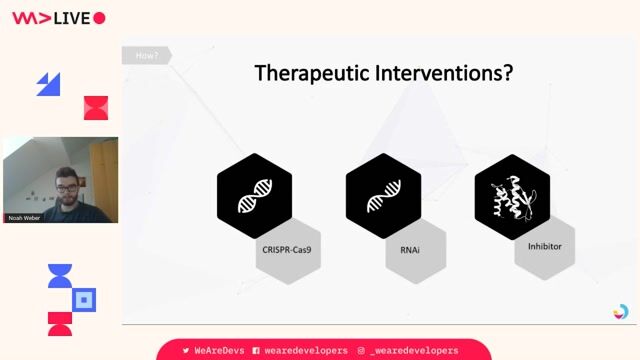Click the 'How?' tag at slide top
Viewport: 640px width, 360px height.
[x=146, y=56]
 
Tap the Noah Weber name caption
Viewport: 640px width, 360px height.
[x=24, y=217]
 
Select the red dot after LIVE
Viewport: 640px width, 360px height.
[x=99, y=18]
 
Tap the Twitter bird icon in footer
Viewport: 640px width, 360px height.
[x=186, y=351]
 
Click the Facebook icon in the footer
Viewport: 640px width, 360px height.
[x=256, y=351]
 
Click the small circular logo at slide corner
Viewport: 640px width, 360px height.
[x=621, y=312]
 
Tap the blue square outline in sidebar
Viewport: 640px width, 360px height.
[x=85, y=299]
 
